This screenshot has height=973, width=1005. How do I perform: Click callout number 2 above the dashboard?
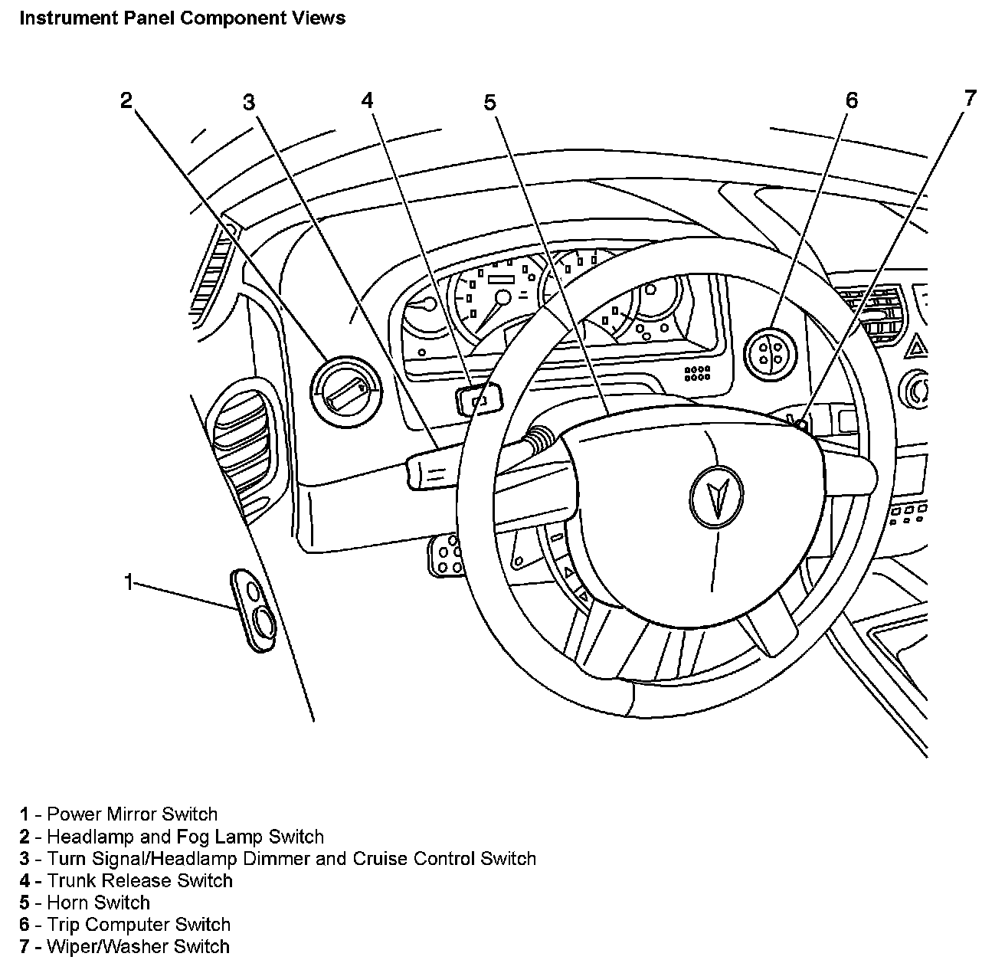[126, 100]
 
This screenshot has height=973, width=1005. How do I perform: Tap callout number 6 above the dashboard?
[852, 100]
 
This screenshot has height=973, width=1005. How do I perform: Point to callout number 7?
[970, 98]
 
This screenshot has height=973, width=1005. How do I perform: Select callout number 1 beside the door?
[130, 582]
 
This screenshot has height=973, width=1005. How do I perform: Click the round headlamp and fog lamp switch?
[345, 390]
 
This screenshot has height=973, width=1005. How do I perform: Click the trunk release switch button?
[479, 399]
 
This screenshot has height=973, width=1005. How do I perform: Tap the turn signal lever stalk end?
[429, 469]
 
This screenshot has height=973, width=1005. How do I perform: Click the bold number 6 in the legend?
[25, 925]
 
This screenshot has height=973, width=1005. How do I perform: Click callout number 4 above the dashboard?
[368, 100]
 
